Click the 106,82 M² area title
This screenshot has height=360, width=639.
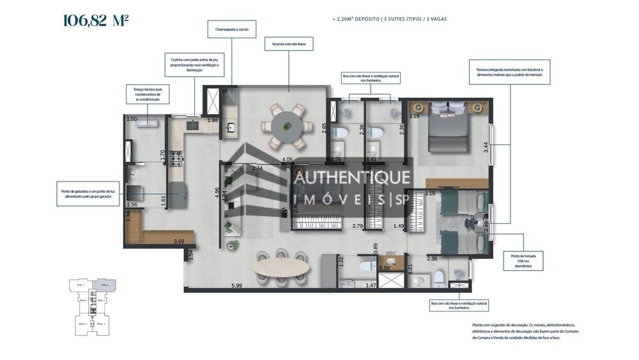(96, 20)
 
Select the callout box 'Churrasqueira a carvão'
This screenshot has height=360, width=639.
(231, 29)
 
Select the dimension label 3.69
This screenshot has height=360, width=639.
(179, 241)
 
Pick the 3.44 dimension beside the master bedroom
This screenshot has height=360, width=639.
(486, 146)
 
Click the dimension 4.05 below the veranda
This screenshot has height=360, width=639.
(287, 159)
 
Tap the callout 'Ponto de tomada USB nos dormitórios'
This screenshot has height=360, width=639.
(523, 260)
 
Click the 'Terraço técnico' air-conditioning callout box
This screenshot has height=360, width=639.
(148, 94)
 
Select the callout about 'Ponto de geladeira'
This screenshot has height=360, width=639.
(87, 193)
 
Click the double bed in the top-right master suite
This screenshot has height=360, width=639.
(447, 131)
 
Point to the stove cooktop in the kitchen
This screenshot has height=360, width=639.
(176, 155)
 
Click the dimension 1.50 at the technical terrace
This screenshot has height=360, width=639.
(132, 120)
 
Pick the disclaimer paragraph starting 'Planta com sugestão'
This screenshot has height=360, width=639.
(518, 331)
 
